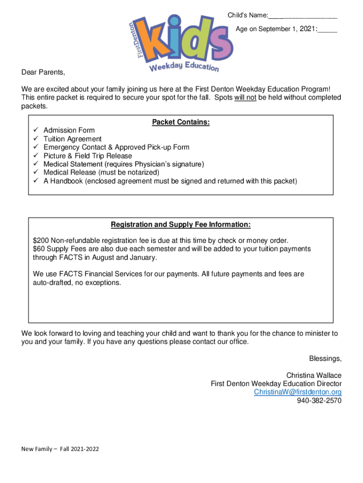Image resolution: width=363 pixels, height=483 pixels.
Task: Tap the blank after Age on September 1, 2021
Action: click(327, 30)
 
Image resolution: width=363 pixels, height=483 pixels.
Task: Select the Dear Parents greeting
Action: click(43, 72)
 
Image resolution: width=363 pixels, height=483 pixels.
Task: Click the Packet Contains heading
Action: click(181, 123)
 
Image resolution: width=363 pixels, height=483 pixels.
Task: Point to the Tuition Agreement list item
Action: click(73, 139)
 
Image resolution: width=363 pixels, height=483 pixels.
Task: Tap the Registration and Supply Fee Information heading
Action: click(181, 225)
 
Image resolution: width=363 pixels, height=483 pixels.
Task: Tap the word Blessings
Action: click(325, 358)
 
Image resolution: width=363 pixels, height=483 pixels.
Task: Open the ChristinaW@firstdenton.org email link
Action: click(297, 392)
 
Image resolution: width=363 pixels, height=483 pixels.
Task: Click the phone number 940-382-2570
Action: click(319, 401)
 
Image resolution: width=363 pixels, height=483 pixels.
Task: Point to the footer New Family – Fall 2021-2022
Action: click(60, 449)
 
